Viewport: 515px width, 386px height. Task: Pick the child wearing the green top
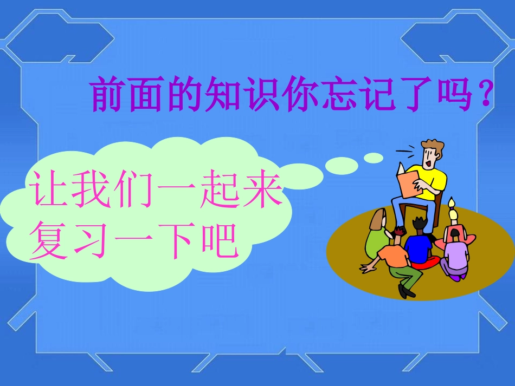tap(376, 238)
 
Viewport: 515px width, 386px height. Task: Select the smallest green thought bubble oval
tap(374, 158)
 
